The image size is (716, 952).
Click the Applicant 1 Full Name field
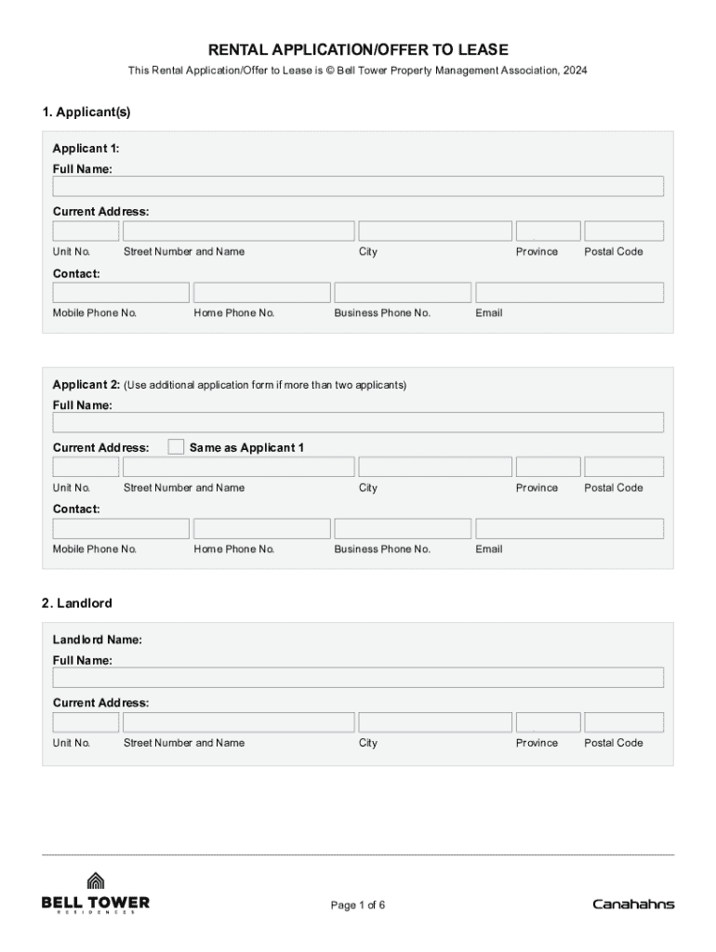[358, 186]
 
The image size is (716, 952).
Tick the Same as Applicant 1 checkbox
[176, 447]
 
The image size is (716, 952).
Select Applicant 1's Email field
[569, 293]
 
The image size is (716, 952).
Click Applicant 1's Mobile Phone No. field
[121, 293]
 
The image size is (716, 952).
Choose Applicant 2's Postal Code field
[624, 467]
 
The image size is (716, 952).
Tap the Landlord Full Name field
[358, 677]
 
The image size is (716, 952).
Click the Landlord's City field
[435, 722]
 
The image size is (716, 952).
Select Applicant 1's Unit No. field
[86, 231]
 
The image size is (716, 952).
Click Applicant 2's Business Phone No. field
[402, 529]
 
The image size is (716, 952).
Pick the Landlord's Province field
[548, 722]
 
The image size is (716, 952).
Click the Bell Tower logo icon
[95, 880]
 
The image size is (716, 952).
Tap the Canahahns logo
[633, 905]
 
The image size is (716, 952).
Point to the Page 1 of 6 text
[358, 906]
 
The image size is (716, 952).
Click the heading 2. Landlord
[77, 603]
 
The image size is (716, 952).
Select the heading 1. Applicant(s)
[86, 112]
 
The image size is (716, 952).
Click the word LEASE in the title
[482, 50]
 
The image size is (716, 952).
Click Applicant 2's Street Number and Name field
[238, 467]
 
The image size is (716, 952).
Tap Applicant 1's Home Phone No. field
[261, 293]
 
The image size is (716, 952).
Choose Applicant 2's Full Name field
[358, 422]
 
